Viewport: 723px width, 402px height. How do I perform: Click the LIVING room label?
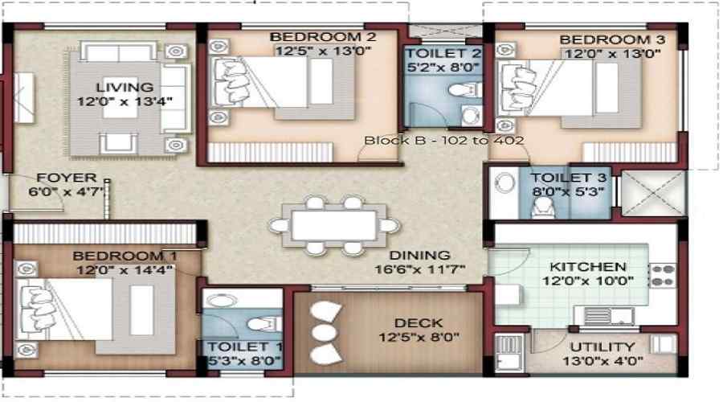coord(125,87)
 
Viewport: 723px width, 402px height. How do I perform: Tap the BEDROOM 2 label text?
coord(323,37)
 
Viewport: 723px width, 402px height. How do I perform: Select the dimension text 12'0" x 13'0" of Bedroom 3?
coord(613,54)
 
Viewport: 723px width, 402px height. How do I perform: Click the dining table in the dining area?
coord(334,226)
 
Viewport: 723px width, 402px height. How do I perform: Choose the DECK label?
coord(419,323)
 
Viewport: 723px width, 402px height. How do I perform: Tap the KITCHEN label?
coord(588,267)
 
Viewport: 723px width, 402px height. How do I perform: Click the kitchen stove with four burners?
coord(662,276)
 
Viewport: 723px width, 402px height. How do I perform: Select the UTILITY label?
coord(602,347)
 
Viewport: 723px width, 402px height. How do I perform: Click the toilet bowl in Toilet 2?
coord(463,89)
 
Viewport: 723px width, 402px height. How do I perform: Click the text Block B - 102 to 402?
coord(443,141)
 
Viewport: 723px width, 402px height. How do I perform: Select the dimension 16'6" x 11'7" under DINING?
coord(419,269)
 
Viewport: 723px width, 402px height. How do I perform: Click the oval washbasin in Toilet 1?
coord(223,301)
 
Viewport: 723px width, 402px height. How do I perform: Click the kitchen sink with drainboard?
coord(609,316)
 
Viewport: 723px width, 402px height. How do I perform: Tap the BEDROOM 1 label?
coord(125,256)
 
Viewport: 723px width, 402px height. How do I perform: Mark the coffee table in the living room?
coord(120,98)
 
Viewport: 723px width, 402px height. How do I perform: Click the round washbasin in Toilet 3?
coord(505,183)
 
